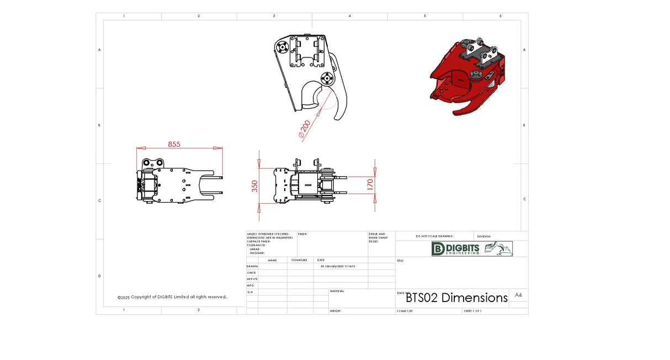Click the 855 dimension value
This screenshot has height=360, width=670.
174,144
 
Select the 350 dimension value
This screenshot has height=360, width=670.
254,186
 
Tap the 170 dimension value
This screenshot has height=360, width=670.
370,184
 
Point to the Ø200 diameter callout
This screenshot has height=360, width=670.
304,129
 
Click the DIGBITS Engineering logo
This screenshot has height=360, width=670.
472,248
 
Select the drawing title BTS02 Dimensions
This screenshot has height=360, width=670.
456,298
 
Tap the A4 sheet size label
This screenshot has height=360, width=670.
518,295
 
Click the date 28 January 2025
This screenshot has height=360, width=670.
338,266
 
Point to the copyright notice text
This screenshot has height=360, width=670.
172,297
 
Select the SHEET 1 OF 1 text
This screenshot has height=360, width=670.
472,311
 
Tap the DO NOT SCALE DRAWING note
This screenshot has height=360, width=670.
434,236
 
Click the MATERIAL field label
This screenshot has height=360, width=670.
337,291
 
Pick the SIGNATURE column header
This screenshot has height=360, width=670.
299,260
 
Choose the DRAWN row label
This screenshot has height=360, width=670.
252,266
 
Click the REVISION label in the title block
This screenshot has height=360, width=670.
483,236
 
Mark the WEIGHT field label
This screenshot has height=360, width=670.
336,311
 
